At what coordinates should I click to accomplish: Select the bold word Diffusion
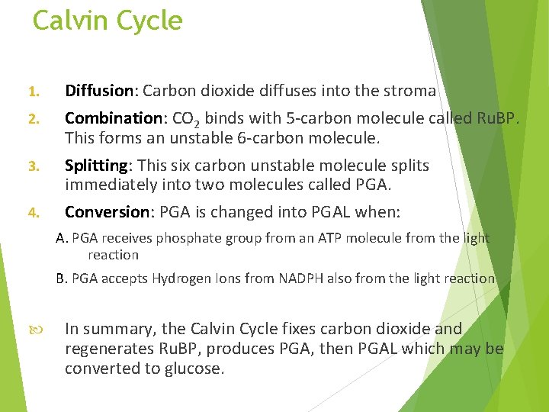[99, 92]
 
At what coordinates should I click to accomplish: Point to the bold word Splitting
[96, 166]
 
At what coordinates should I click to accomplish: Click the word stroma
[413, 92]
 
